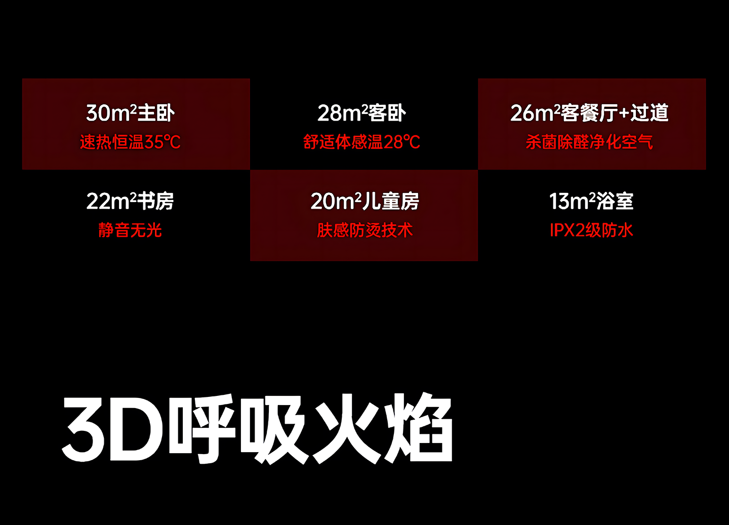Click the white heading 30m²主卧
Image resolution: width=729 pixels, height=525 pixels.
pyautogui.click(x=130, y=113)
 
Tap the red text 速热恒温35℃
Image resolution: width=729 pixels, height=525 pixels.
pyautogui.click(x=130, y=142)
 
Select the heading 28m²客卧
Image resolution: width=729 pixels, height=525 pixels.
pyautogui.click(x=361, y=113)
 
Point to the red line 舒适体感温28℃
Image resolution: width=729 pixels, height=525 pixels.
pyautogui.click(x=361, y=142)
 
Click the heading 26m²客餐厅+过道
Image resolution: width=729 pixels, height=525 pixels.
pyautogui.click(x=589, y=113)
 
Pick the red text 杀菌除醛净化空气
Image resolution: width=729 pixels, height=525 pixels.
pyautogui.click(x=589, y=142)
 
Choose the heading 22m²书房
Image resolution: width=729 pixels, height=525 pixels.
pyautogui.click(x=130, y=201)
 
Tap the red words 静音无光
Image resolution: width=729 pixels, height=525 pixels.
pyautogui.click(x=130, y=230)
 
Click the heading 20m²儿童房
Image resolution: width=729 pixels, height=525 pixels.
pyautogui.click(x=364, y=201)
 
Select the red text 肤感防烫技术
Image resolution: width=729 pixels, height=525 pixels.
pyautogui.click(x=364, y=230)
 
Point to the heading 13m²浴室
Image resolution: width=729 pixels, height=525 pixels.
pyautogui.click(x=591, y=201)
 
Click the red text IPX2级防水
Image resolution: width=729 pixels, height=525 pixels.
pyautogui.click(x=591, y=230)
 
